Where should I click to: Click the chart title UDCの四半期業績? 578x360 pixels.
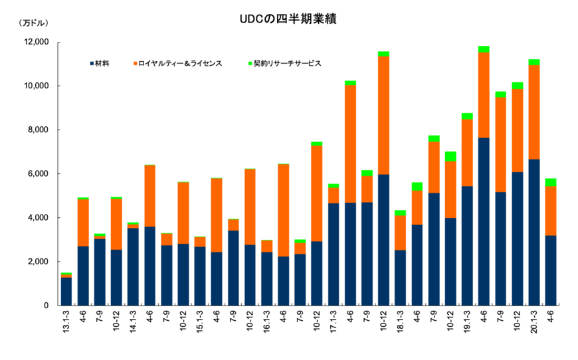(288, 19)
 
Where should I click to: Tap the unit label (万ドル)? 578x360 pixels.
(33, 23)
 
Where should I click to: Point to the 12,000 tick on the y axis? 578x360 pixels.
(36, 42)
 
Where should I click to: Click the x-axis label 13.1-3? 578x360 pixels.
(66, 320)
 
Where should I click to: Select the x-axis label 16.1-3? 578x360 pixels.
(266, 320)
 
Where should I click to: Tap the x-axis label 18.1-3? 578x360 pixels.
(400, 320)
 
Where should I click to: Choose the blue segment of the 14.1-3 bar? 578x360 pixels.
(133, 266)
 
